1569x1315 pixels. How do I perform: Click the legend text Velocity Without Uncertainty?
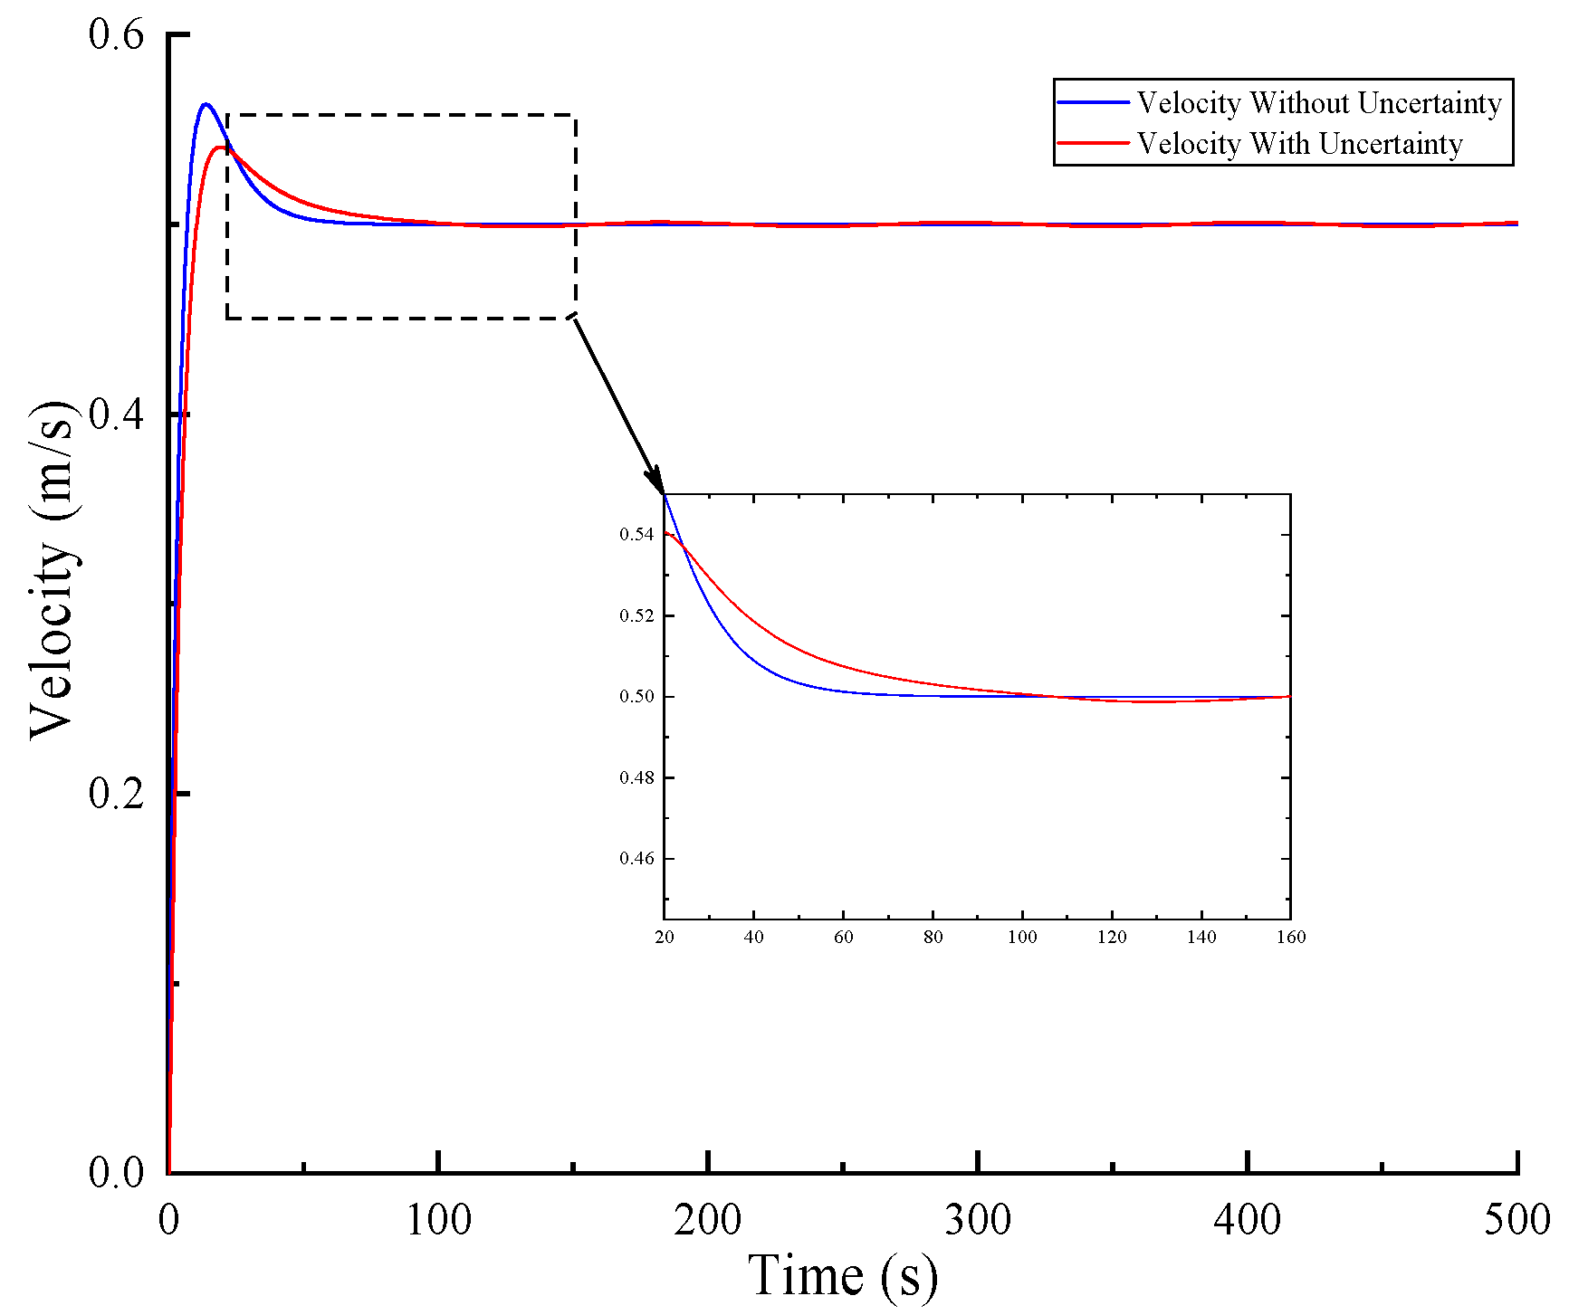[1318, 103]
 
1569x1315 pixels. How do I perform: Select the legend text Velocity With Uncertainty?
[1299, 144]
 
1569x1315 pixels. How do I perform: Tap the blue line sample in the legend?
[1094, 103]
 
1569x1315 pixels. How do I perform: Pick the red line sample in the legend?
[1094, 144]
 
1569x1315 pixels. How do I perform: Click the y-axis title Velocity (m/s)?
[52, 570]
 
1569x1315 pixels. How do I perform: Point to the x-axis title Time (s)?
[843, 1276]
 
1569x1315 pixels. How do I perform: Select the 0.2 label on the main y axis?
[116, 794]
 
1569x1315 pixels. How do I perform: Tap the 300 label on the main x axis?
[978, 1220]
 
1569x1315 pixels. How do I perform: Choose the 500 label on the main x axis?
[1517, 1220]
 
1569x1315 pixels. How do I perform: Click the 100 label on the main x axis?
[438, 1220]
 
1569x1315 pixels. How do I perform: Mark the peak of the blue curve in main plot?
[206, 104]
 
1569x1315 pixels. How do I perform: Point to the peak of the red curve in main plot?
[219, 147]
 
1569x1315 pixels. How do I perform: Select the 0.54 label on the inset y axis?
[636, 535]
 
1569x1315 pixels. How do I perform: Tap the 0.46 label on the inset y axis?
[636, 858]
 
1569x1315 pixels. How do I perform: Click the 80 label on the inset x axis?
[933, 938]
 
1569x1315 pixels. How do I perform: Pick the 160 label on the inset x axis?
[1291, 938]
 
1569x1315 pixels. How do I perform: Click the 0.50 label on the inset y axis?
[636, 697]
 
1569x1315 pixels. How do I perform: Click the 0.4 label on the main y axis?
[116, 415]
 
